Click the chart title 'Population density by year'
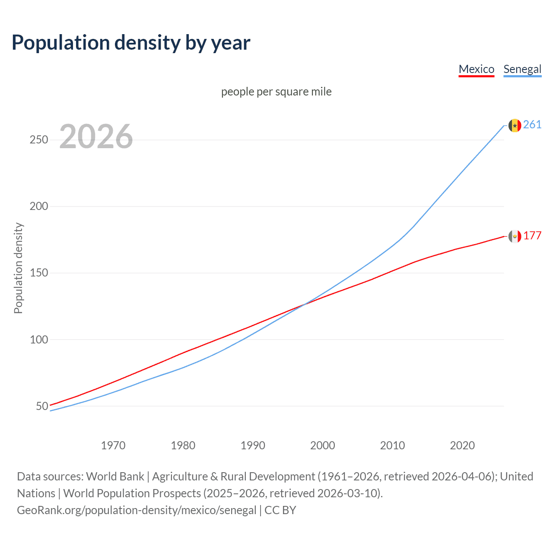131,42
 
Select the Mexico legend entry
476,69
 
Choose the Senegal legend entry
522,69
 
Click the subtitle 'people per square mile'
276,92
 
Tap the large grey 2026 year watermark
96,137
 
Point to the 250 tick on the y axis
39,140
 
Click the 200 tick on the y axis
39,207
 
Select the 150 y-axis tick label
39,273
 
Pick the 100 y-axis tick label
39,340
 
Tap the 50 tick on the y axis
42,406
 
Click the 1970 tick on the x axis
113,445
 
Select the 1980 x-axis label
183,445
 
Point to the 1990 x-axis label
253,445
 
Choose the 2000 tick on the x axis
323,445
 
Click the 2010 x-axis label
392,445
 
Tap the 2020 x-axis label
462,445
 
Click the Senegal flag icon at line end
515,125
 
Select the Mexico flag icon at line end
515,236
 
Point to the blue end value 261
532,125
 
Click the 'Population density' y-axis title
18,268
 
